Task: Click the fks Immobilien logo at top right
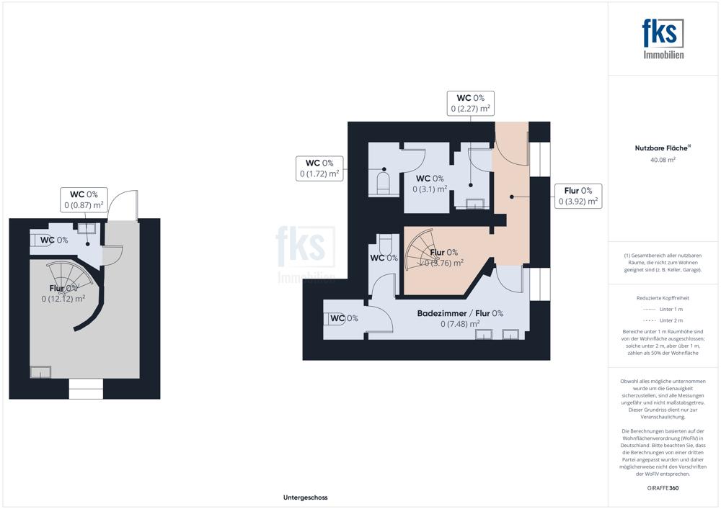click(x=663, y=39)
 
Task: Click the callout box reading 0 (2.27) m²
click(x=470, y=103)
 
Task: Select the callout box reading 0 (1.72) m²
click(x=319, y=168)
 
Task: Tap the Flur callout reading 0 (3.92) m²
click(x=578, y=196)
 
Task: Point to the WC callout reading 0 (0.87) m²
click(x=84, y=199)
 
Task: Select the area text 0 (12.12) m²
click(x=63, y=299)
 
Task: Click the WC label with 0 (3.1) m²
click(x=430, y=184)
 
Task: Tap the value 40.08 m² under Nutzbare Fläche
click(x=663, y=160)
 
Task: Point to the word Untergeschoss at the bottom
click(x=305, y=497)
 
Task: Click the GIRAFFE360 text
click(x=663, y=488)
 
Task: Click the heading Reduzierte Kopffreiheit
click(x=663, y=298)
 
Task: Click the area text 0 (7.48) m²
click(x=460, y=324)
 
